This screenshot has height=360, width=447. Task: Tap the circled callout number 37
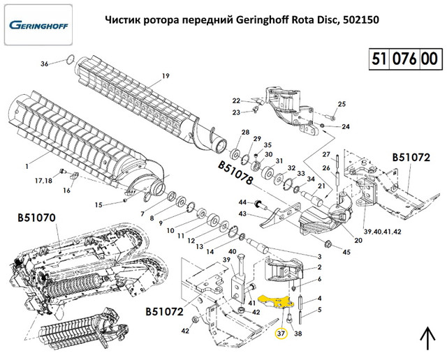[281, 333]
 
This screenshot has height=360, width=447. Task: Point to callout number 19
[166, 75]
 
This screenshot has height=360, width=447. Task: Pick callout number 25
[342, 105]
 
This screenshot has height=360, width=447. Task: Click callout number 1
[26, 165]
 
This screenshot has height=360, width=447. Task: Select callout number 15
[98, 204]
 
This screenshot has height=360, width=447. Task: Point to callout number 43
[243, 214]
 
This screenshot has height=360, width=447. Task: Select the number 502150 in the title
[359, 19]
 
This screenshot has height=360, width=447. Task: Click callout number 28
[244, 133]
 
